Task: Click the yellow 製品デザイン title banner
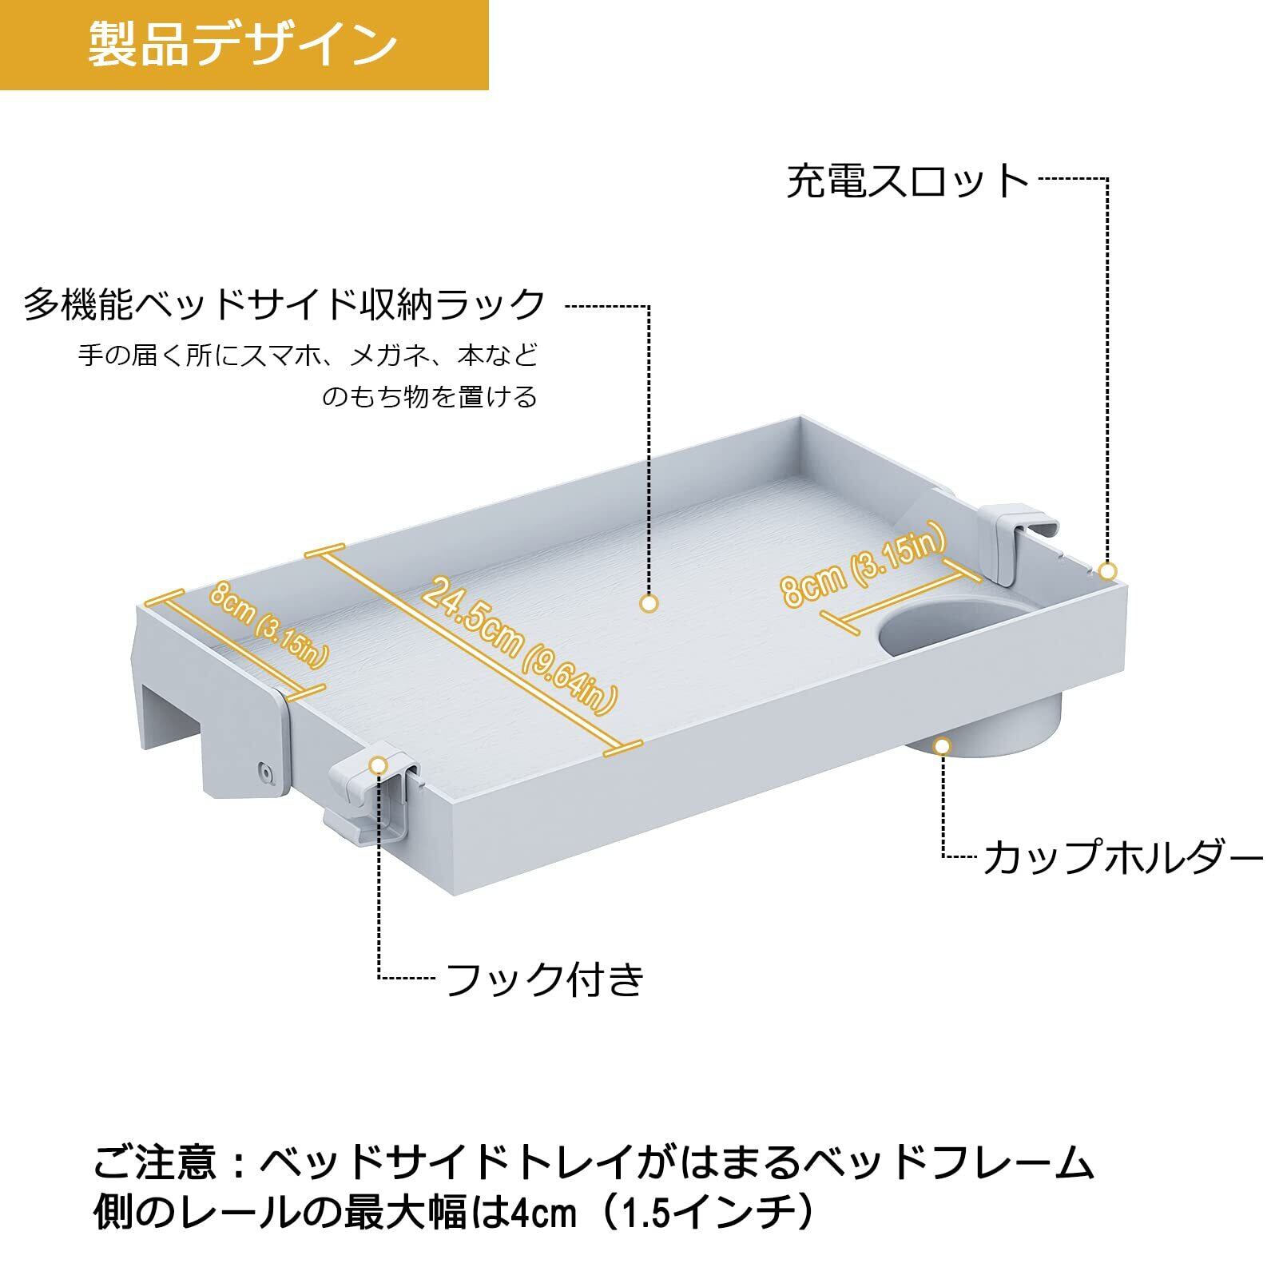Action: point(244,45)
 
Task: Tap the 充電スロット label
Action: point(908,181)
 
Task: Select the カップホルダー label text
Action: point(1122,858)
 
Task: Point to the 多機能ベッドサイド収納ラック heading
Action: point(284,305)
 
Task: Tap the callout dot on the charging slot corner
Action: point(1107,571)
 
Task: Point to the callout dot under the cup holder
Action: point(943,746)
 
